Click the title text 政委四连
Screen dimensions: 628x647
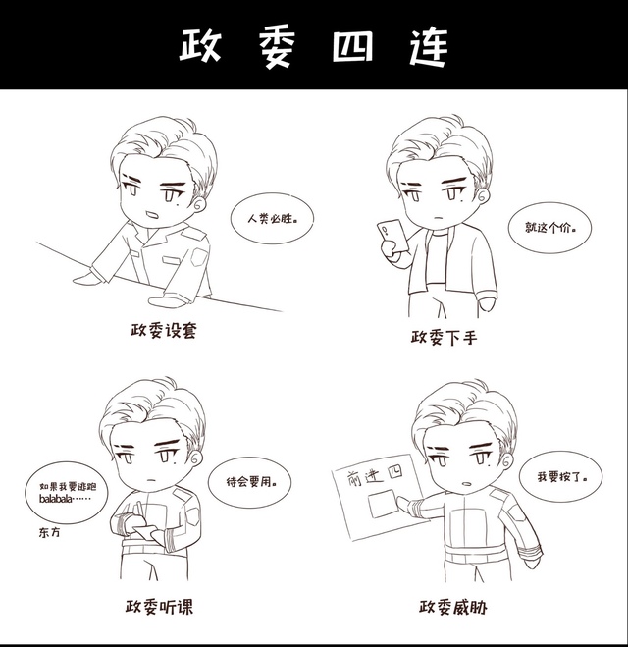pos(314,46)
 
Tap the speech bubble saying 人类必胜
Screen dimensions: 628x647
pos(272,219)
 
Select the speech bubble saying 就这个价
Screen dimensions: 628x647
pos(549,228)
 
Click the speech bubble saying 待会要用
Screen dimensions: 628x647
pos(250,481)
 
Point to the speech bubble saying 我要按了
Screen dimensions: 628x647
pos(561,477)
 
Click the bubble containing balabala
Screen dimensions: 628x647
pos(67,493)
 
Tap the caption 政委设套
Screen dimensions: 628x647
pos(163,330)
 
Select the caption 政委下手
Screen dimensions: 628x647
pos(445,337)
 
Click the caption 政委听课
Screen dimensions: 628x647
pos(159,606)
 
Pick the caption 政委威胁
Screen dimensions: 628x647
pos(452,607)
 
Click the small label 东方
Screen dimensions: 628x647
pos(49,532)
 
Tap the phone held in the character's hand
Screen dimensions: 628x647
pos(392,236)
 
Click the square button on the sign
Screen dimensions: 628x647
pos(383,504)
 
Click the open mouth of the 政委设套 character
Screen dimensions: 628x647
pos(150,215)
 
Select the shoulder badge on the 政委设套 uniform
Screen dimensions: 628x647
pos(199,257)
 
